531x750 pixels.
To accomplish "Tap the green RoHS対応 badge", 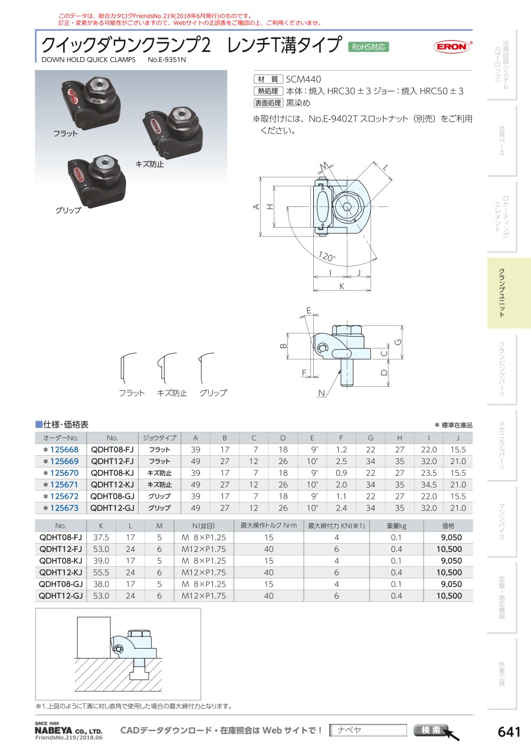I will pyautogui.click(x=369, y=47).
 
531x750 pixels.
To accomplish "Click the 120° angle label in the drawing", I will pyautogui.click(x=326, y=256).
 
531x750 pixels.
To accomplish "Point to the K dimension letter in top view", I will pyautogui.click(x=342, y=286).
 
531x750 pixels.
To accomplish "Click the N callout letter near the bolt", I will pyautogui.click(x=322, y=393).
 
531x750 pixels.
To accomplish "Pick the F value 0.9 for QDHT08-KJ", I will pyautogui.click(x=340, y=473).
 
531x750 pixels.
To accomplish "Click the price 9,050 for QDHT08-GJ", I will pyautogui.click(x=451, y=584).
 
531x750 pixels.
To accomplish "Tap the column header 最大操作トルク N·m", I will pyautogui.click(x=268, y=526).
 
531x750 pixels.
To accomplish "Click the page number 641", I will pyautogui.click(x=509, y=732).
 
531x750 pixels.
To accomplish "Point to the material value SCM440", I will pyautogui.click(x=303, y=79).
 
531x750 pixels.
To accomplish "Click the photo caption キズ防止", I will pyautogui.click(x=150, y=164).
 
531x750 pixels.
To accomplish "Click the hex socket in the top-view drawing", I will pyautogui.click(x=347, y=207).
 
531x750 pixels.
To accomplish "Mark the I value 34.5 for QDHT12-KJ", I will pyautogui.click(x=430, y=485).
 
